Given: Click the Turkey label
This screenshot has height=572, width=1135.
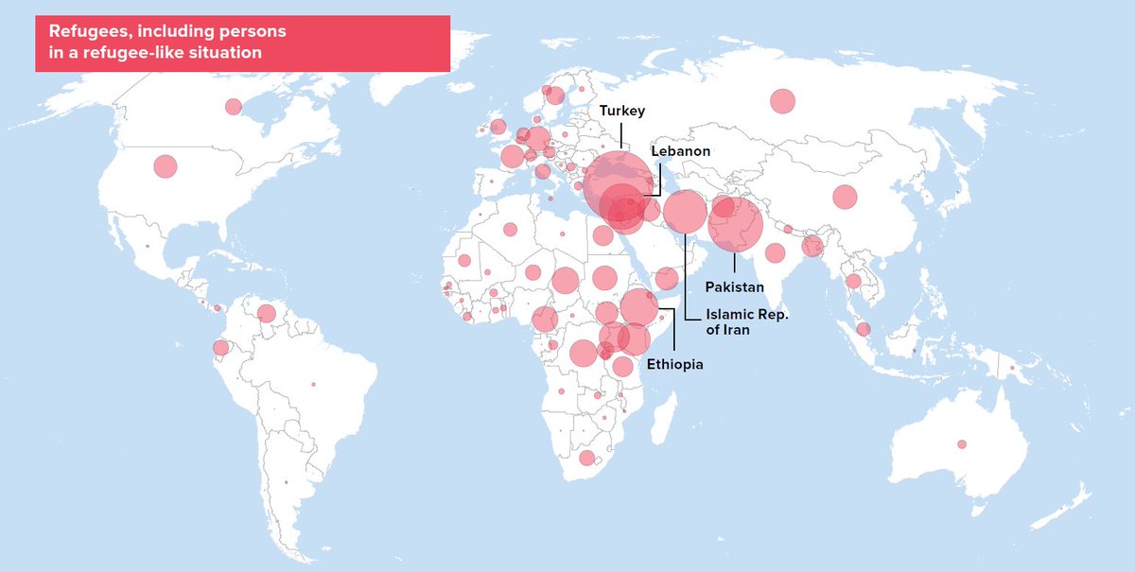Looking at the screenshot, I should (x=622, y=111).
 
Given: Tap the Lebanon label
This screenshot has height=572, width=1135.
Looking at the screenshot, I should (x=679, y=151).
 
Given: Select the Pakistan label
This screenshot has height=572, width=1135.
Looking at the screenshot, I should (x=735, y=286).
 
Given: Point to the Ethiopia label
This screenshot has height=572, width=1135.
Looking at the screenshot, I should (x=675, y=364).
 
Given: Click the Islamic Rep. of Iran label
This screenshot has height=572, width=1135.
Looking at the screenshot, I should (x=742, y=321).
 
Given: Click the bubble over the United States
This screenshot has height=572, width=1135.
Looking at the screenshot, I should (x=166, y=166).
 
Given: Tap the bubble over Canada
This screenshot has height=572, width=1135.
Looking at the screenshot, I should (x=233, y=107).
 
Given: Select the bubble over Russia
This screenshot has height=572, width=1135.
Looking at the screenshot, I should (x=782, y=101).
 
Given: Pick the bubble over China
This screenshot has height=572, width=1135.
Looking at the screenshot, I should (x=845, y=197).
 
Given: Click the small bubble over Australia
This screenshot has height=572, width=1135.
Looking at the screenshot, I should (x=962, y=444).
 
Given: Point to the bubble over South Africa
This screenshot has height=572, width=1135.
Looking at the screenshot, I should (x=586, y=459).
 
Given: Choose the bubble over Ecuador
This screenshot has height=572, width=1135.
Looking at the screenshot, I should (x=220, y=348).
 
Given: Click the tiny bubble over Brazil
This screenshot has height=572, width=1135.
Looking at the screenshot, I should (x=313, y=384).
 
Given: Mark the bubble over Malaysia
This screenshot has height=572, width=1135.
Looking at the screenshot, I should (x=863, y=329).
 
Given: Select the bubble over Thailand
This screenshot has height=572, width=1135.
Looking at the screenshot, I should (x=854, y=281).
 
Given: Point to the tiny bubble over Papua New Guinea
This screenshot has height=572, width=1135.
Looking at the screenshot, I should (x=1011, y=368).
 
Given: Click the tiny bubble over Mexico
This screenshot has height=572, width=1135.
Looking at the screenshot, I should (x=148, y=247).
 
